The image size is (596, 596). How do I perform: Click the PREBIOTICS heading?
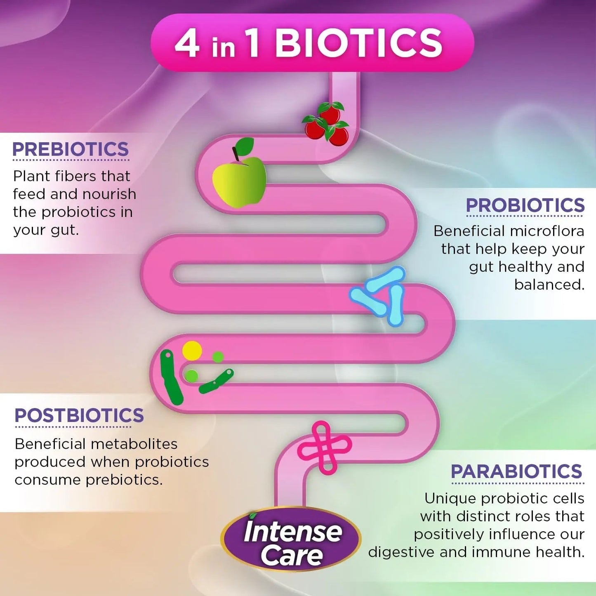click(71, 149)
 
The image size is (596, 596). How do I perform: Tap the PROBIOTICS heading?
click(525, 205)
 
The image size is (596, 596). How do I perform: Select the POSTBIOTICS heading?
click(79, 415)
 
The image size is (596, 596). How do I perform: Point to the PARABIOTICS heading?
click(516, 471)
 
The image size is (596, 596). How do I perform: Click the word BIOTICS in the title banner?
click(359, 43)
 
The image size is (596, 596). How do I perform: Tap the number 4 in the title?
click(187, 44)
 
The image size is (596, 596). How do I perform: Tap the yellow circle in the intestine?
click(192, 351)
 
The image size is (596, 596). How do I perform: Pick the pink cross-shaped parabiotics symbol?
click(324, 447)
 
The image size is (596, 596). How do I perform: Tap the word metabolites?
click(135, 444)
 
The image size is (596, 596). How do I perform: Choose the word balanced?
click(549, 284)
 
